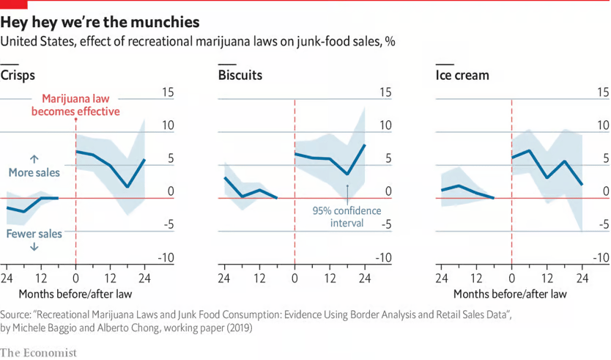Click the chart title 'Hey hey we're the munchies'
point(100,21)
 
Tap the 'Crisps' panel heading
point(18,75)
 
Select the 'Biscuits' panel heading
point(240,75)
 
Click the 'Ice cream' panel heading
point(462,75)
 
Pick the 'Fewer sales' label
point(34,233)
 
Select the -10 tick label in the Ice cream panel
point(599,257)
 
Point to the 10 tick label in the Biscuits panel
point(384,125)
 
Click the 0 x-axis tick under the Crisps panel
point(75,279)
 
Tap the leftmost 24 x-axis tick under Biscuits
point(224,279)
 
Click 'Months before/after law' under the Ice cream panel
point(511,294)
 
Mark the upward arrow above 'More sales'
point(34,158)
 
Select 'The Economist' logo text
point(38,352)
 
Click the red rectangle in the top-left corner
point(13,4)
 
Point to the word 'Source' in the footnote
point(18,313)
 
